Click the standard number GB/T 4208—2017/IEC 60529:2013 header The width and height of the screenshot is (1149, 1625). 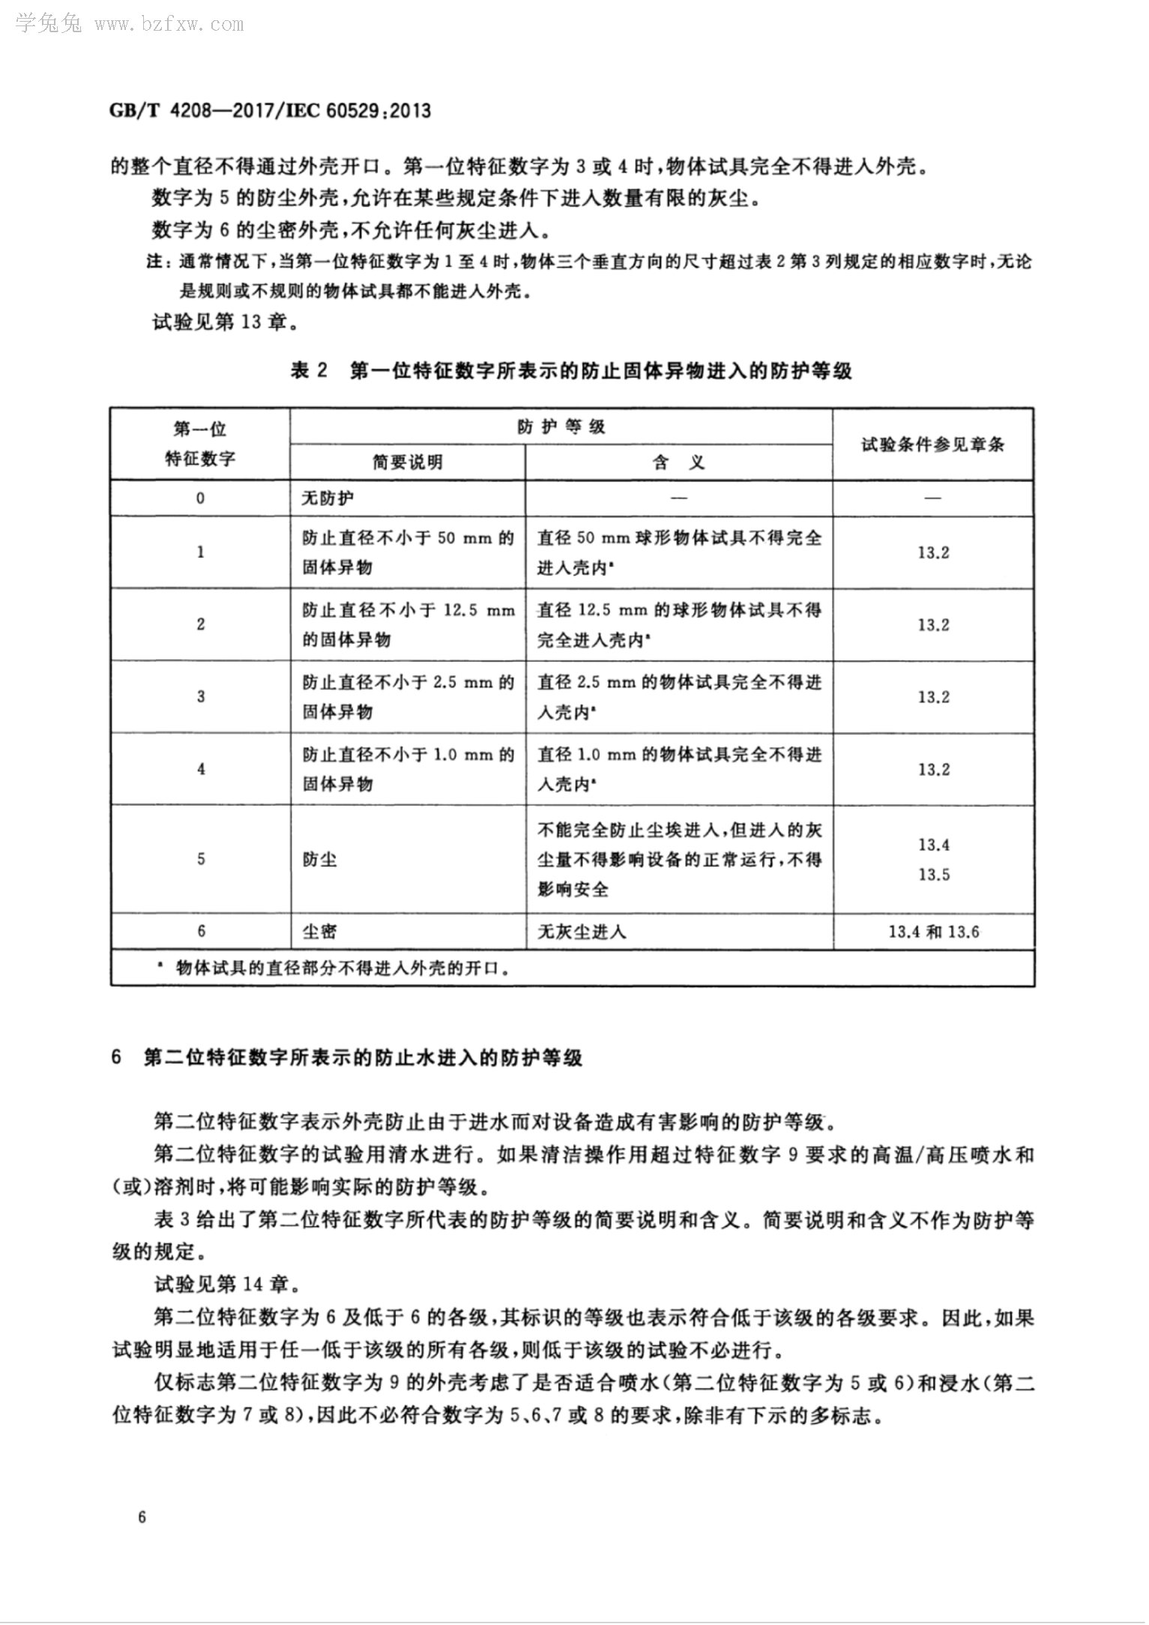click(x=271, y=112)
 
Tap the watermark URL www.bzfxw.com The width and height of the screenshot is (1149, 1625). click(x=169, y=25)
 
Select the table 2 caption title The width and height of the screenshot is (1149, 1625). click(x=571, y=371)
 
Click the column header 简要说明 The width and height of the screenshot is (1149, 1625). click(x=408, y=462)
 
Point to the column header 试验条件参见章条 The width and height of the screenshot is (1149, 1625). click(x=933, y=444)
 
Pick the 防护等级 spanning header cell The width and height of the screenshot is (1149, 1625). click(x=561, y=428)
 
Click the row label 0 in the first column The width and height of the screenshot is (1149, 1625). click(x=200, y=498)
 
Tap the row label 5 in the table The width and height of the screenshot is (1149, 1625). click(x=200, y=859)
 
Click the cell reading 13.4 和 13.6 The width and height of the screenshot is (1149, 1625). click(x=933, y=932)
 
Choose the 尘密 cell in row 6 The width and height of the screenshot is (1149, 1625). click(x=320, y=932)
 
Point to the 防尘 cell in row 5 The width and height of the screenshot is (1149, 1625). click(x=320, y=859)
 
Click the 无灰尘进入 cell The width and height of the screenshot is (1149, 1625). click(x=582, y=932)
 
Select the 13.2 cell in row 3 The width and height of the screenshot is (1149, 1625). click(x=933, y=697)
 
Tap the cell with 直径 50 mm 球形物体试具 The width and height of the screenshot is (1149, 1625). click(x=679, y=552)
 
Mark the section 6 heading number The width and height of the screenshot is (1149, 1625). click(x=116, y=1058)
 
